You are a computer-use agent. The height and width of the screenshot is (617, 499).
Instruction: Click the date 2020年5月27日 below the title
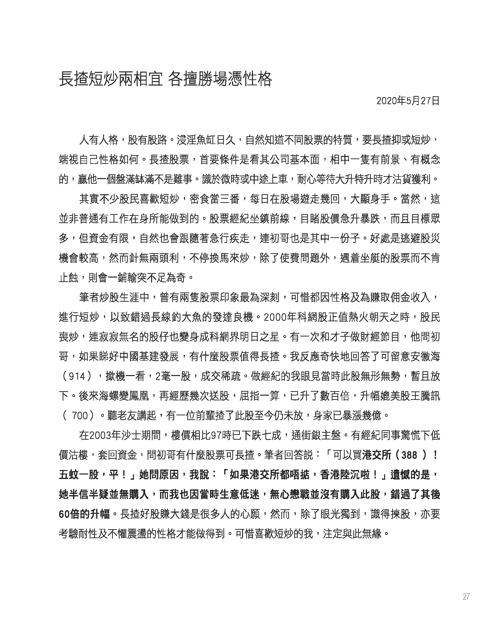tap(408, 101)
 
